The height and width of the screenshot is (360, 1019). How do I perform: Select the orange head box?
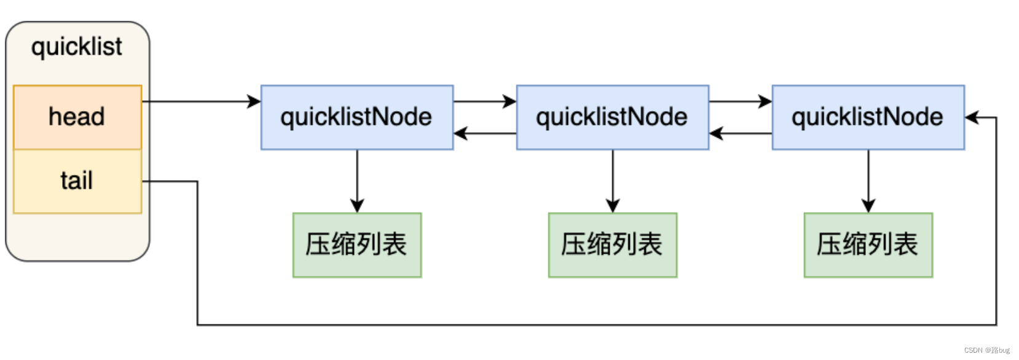(77, 117)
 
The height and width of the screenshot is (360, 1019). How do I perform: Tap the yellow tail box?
(77, 181)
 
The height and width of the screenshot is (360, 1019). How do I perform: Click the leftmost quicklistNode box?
(356, 117)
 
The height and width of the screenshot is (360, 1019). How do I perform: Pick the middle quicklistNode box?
(612, 117)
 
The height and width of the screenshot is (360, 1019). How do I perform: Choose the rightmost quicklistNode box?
(868, 117)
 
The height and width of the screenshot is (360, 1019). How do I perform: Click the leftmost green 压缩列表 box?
(356, 245)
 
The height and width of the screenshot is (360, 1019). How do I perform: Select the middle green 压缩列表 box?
(612, 245)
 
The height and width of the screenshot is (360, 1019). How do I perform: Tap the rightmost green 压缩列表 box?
(868, 245)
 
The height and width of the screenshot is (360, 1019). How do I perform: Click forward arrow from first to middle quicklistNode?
(485, 101)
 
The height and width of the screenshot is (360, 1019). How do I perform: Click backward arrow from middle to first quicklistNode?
(485, 133)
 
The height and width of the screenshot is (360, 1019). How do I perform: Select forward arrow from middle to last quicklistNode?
(741, 101)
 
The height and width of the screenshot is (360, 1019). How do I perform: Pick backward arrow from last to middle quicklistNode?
(741, 133)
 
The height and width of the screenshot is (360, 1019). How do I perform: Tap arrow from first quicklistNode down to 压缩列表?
(357, 181)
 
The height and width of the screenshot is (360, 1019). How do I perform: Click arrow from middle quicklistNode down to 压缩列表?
(613, 181)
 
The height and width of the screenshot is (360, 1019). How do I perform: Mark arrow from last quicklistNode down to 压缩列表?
(868, 181)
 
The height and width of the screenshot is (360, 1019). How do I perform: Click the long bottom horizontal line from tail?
(596, 324)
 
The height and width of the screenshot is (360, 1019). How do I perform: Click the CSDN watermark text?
(986, 350)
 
